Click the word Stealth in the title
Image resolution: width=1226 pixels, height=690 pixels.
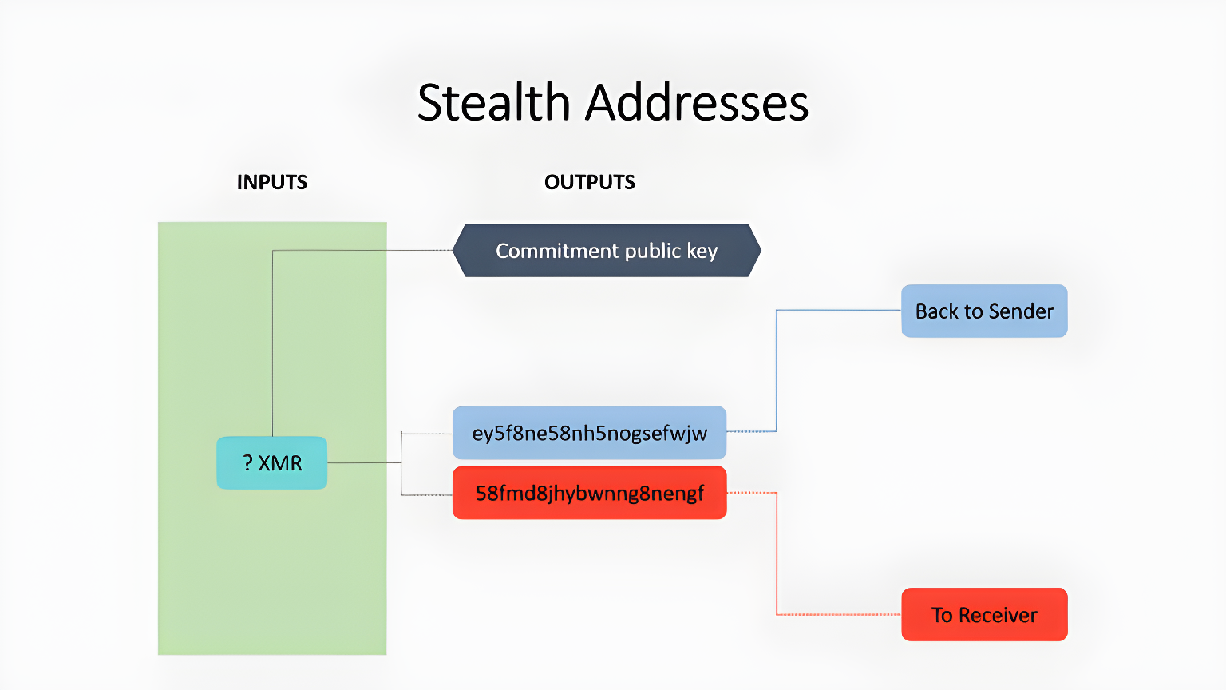pyautogui.click(x=492, y=103)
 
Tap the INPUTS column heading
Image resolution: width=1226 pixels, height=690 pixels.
pyautogui.click(x=271, y=182)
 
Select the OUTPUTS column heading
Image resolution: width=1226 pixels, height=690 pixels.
pyautogui.click(x=589, y=182)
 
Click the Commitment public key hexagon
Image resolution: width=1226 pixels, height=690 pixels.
pyautogui.click(x=607, y=251)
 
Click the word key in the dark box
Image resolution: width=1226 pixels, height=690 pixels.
pyautogui.click(x=702, y=251)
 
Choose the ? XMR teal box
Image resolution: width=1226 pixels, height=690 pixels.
pyautogui.click(x=271, y=463)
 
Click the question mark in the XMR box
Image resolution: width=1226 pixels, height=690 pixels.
pyautogui.click(x=248, y=463)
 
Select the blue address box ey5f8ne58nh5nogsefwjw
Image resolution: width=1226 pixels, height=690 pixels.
pyautogui.click(x=589, y=433)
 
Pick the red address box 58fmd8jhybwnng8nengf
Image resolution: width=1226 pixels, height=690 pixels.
pyautogui.click(x=589, y=493)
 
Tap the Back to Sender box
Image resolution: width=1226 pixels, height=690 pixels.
pyautogui.click(x=984, y=311)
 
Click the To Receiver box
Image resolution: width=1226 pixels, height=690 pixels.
pyautogui.click(x=984, y=615)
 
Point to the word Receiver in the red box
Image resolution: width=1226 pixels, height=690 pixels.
pyautogui.click(x=998, y=615)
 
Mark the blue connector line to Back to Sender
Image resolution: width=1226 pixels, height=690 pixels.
pyautogui.click(x=777, y=367)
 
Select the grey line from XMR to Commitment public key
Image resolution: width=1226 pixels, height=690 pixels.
pyautogui.click(x=273, y=343)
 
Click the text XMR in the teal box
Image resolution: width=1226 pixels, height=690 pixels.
pyautogui.click(x=280, y=463)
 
